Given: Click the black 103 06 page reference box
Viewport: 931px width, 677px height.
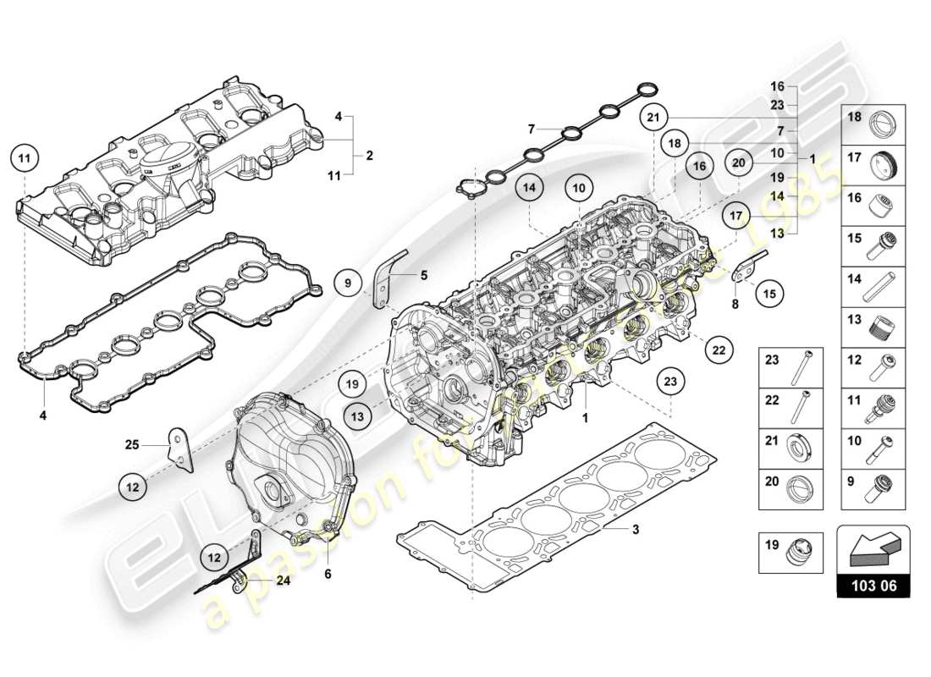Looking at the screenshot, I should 873,585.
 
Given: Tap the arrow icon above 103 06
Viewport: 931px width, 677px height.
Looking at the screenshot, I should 873,548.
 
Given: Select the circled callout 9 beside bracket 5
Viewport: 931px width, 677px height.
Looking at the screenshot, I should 347,282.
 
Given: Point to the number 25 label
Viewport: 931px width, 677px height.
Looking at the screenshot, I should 131,443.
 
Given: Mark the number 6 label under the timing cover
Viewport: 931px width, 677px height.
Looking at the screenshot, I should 328,575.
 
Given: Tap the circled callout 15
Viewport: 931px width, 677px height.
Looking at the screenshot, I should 768,294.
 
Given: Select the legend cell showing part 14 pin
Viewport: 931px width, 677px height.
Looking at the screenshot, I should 873,287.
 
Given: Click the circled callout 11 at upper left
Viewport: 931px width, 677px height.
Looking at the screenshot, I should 25,158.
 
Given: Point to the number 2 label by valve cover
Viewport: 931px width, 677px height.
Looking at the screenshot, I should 369,156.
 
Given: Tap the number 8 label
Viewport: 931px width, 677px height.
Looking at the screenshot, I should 735,302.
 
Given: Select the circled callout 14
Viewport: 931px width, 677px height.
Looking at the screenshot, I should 528,188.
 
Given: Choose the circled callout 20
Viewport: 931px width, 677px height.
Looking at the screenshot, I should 738,163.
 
